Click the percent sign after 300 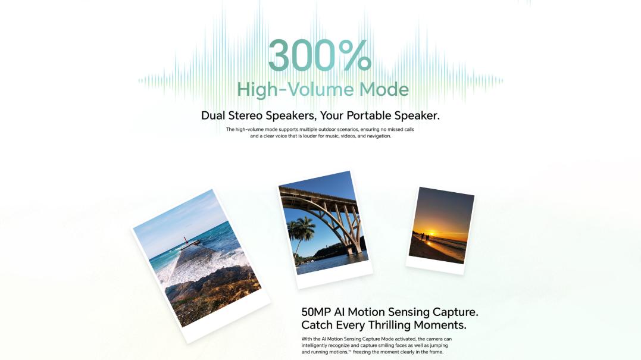(x=355, y=55)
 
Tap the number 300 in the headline (x=302, y=55)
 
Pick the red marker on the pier (x=185, y=239)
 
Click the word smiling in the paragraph (x=386, y=345)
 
